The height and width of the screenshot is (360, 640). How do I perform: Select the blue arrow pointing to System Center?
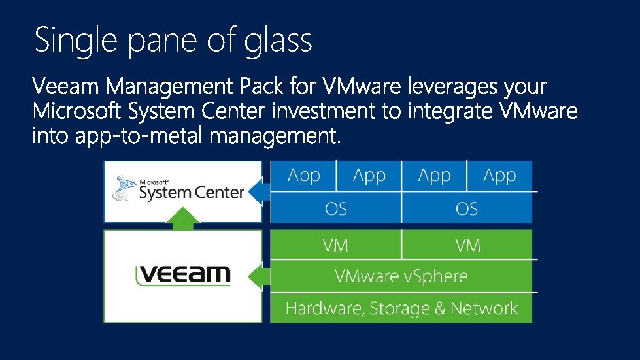[260, 191]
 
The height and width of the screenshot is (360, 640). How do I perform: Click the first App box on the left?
[303, 176]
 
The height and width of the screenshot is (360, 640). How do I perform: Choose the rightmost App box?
[499, 176]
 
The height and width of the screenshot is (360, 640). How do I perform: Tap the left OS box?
[336, 208]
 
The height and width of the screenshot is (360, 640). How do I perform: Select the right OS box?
[467, 208]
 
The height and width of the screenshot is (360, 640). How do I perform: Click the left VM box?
[335, 245]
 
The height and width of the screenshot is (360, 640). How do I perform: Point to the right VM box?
[468, 245]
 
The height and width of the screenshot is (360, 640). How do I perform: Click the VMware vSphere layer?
[401, 276]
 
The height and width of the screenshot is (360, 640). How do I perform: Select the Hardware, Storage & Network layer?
[401, 308]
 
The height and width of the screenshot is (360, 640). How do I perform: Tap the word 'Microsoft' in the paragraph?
[76, 112]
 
